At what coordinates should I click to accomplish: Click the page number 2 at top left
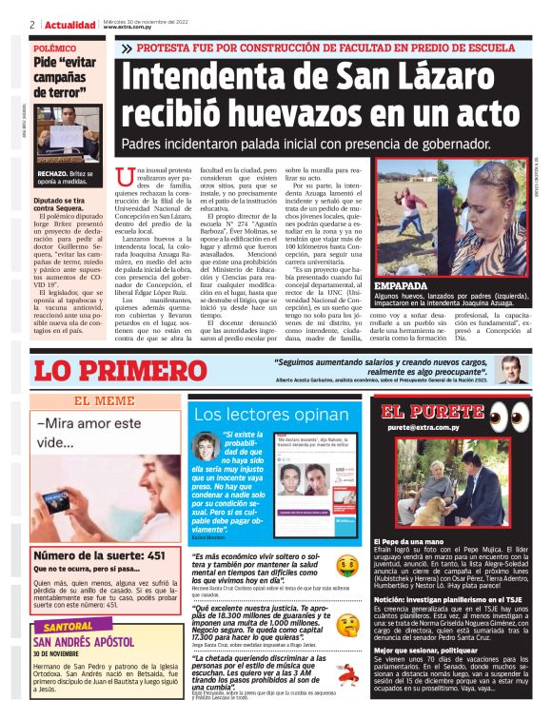tap(31, 24)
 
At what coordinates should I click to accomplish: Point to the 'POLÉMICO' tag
tap(55, 47)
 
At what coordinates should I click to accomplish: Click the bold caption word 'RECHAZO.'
tap(52, 175)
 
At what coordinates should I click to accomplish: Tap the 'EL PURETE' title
tap(434, 412)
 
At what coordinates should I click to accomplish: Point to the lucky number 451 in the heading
tap(153, 555)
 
